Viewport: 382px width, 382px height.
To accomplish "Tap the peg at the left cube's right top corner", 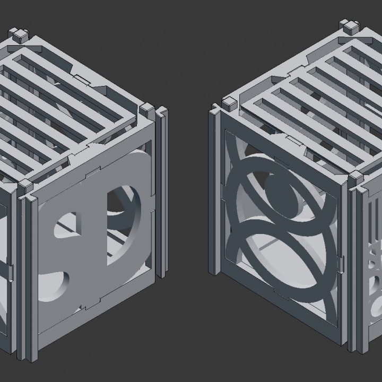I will coord(145,110).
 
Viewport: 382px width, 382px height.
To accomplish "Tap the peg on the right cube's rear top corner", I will coord(351,25).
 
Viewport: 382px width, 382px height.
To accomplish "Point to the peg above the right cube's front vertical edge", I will coord(353,176).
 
